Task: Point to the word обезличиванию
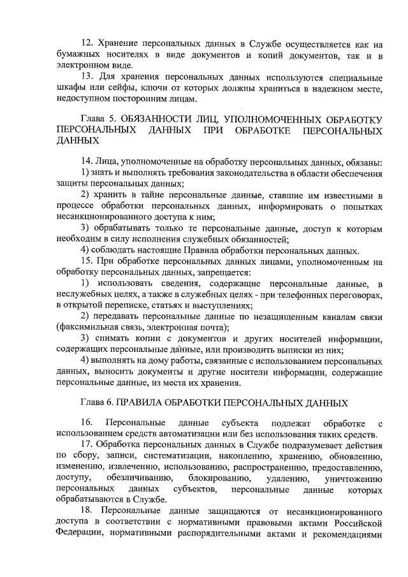[x=139, y=478]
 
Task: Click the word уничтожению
[x=353, y=478]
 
